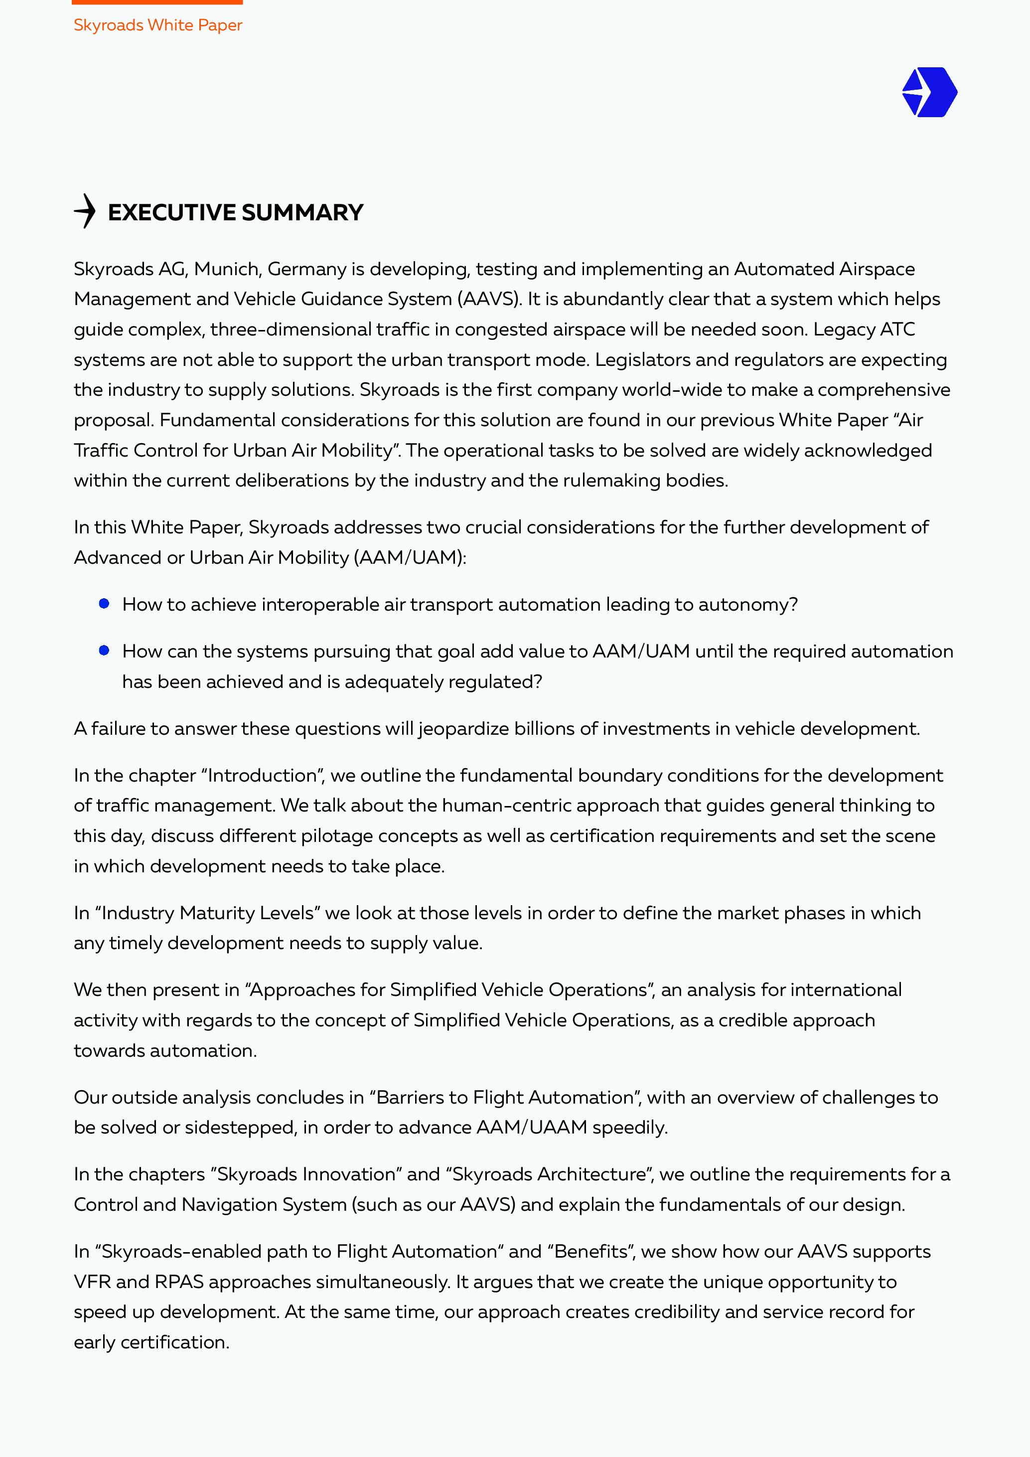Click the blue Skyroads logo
click(929, 93)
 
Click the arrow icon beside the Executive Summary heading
click(85, 211)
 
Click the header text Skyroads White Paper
click(158, 25)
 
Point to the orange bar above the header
click(157, 2)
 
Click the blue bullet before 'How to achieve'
click(105, 604)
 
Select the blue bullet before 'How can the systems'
click(105, 650)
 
